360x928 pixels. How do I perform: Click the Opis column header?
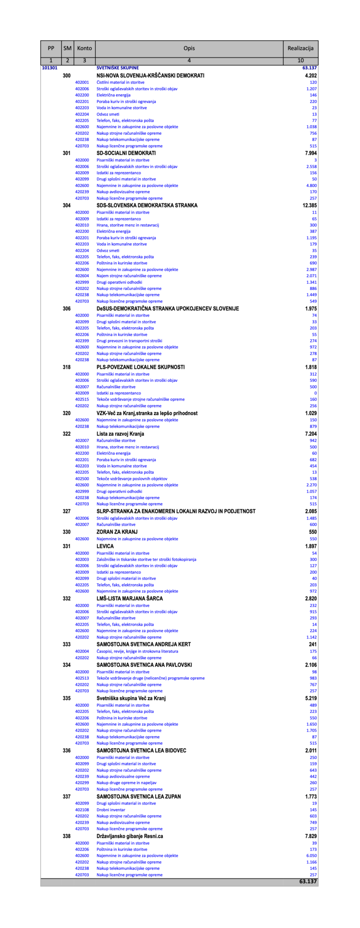point(189,48)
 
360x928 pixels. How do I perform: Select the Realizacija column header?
point(300,48)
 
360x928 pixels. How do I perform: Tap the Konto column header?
point(85,48)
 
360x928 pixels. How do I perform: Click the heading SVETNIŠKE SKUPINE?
point(117,68)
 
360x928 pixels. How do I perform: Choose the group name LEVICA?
point(105,546)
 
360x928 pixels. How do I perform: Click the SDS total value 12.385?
point(307,205)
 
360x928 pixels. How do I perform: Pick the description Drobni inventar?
point(111,810)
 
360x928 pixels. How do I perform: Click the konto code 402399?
point(82,341)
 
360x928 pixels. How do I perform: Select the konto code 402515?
point(82,399)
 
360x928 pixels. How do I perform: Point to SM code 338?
point(67,836)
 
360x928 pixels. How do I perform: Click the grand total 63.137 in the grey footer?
point(308,882)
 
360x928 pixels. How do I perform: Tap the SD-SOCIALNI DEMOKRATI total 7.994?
point(309,153)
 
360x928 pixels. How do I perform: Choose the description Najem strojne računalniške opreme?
point(129,276)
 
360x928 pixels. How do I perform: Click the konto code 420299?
point(82,783)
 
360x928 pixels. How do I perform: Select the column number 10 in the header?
point(300,61)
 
